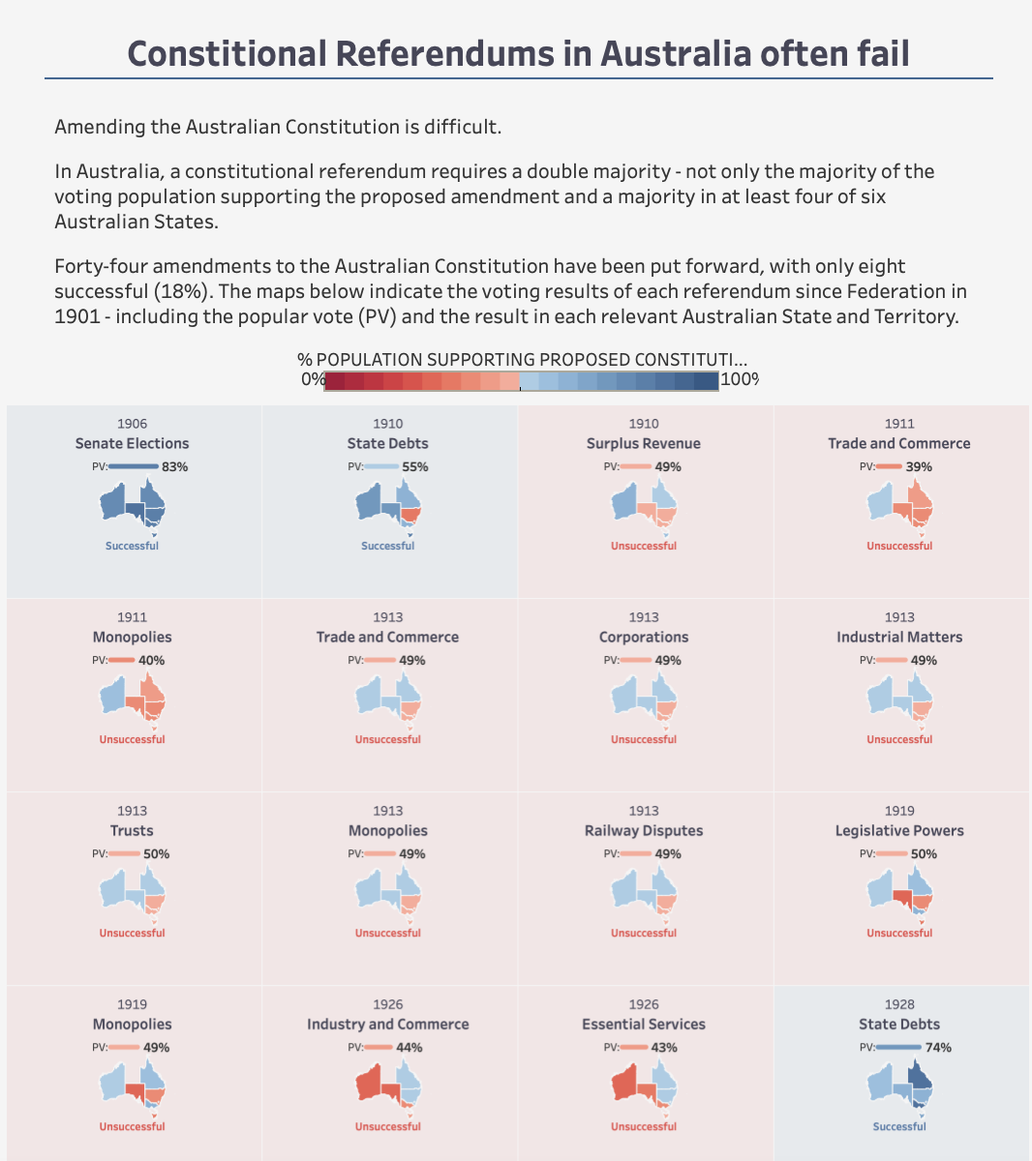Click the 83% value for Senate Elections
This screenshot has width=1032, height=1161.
click(x=174, y=466)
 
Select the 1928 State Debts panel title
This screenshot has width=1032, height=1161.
click(x=898, y=1024)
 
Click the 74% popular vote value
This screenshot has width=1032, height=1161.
click(x=938, y=1047)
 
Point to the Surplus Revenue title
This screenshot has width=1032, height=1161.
click(x=643, y=443)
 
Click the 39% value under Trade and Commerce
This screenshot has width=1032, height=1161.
click(x=919, y=466)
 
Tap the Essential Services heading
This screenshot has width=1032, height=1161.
click(x=643, y=1024)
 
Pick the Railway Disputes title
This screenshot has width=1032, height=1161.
click(x=643, y=830)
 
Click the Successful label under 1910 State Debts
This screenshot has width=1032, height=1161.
click(x=387, y=546)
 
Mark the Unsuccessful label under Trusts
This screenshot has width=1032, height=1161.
click(x=132, y=933)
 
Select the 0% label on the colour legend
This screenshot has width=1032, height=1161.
click(x=312, y=379)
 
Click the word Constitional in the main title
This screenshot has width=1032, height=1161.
click(x=227, y=53)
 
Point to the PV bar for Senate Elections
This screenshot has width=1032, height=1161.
click(x=134, y=466)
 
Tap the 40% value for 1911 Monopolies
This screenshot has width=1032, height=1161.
click(x=151, y=660)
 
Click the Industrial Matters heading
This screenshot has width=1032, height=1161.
click(x=898, y=637)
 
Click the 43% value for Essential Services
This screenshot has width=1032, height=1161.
click(x=663, y=1047)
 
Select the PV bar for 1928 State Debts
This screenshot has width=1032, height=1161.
click(x=898, y=1047)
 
